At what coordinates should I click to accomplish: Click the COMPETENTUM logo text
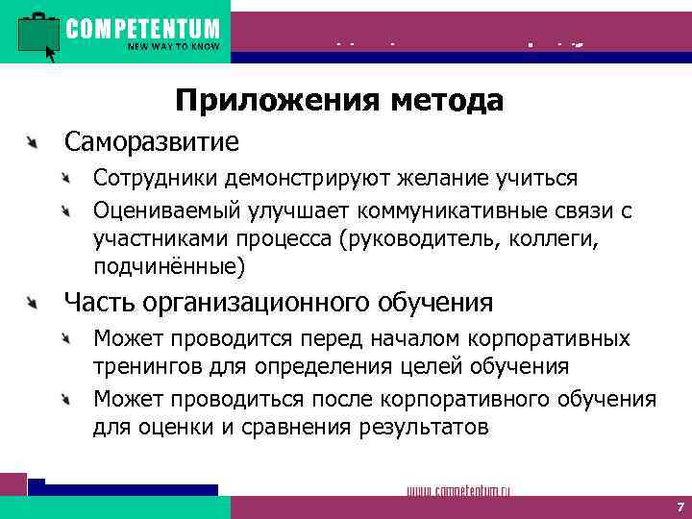coord(142,28)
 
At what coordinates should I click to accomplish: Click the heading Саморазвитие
coord(151,142)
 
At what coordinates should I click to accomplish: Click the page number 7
coord(679,507)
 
